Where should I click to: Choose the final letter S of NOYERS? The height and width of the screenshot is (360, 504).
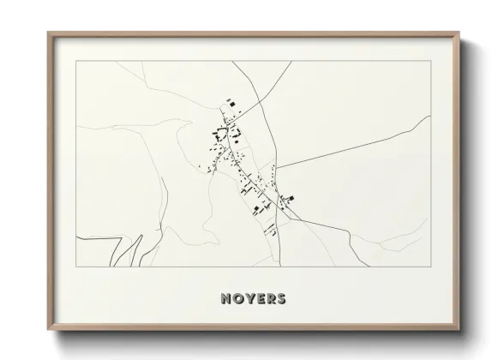[x=282, y=300]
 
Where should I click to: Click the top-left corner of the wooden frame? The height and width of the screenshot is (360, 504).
[x=48, y=33]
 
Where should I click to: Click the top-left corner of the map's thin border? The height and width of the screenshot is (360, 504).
[x=75, y=61]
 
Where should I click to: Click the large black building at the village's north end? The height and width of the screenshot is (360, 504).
[x=231, y=104]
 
